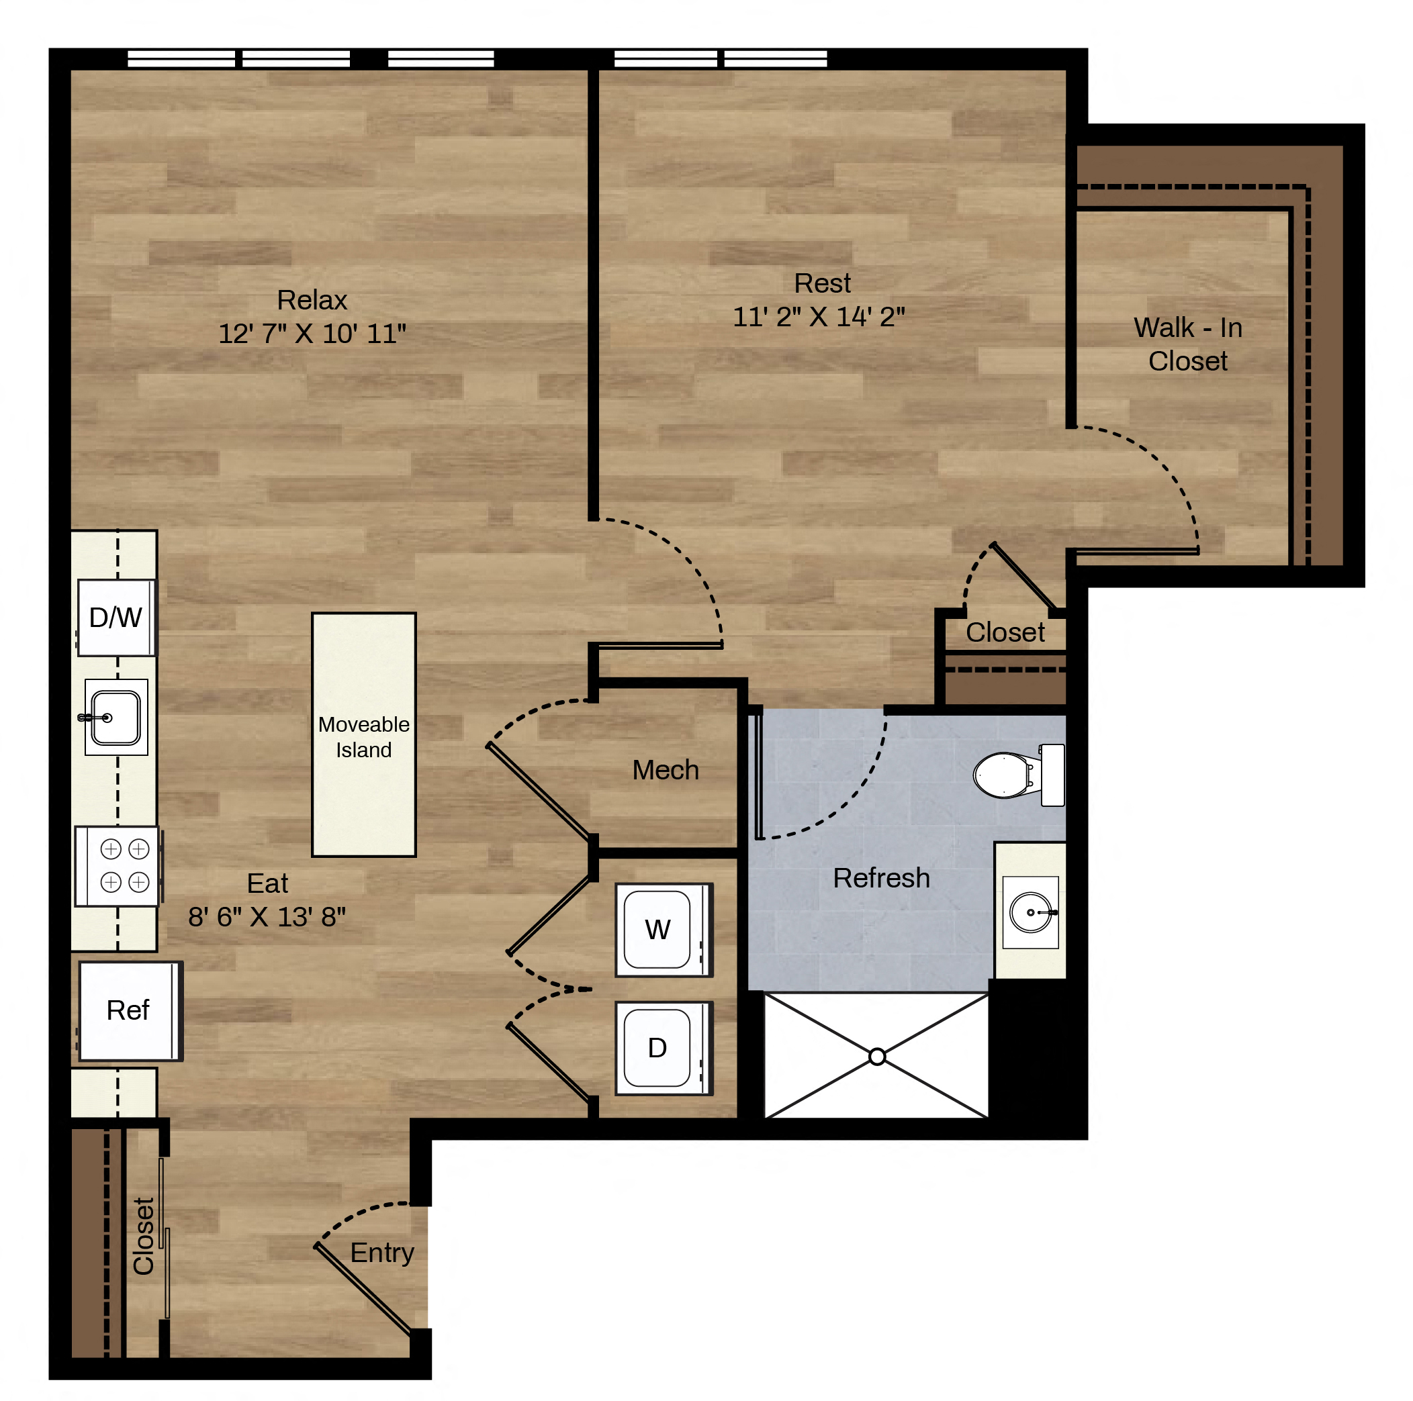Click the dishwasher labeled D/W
pyautogui.click(x=116, y=618)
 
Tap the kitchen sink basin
pyautogui.click(x=116, y=718)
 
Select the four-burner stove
pyautogui.click(x=118, y=866)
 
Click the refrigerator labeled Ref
pyautogui.click(x=130, y=1010)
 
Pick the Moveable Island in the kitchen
pyautogui.click(x=363, y=734)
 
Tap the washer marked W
pyautogui.click(x=664, y=929)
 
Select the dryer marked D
pyautogui.click(x=664, y=1048)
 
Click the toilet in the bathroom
pyautogui.click(x=1019, y=775)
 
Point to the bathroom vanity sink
pyautogui.click(x=1030, y=912)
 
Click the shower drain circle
pyautogui.click(x=878, y=1057)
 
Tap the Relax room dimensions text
pyautogui.click(x=312, y=334)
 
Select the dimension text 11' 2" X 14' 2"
pyautogui.click(x=819, y=317)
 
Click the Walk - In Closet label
pyautogui.click(x=1189, y=344)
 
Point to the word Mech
pyautogui.click(x=666, y=770)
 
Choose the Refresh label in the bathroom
pyautogui.click(x=881, y=878)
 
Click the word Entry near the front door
pyautogui.click(x=381, y=1253)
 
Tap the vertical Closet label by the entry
pyautogui.click(x=143, y=1237)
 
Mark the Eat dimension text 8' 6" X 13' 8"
pyautogui.click(x=267, y=916)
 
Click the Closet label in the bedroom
pyautogui.click(x=1005, y=632)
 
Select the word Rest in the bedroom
pyautogui.click(x=823, y=283)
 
